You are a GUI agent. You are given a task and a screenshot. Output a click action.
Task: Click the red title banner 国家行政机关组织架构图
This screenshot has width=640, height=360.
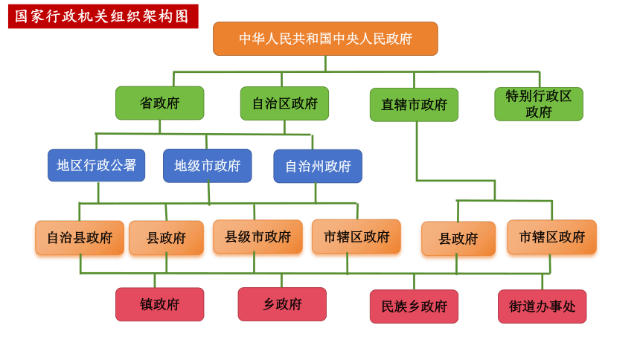coord(103,16)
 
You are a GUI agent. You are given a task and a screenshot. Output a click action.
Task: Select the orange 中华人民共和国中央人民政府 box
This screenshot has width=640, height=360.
coord(325,39)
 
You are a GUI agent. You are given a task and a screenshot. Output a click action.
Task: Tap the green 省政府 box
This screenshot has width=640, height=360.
coord(159,103)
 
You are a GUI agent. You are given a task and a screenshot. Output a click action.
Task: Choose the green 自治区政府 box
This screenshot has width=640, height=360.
coord(284,103)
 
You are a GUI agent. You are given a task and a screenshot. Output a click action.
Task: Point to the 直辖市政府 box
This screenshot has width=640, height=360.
coord(414,105)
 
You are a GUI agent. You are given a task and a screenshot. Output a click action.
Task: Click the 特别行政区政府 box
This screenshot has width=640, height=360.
coord(539,104)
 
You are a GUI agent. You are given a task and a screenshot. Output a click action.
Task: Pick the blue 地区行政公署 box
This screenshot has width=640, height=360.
coord(96,165)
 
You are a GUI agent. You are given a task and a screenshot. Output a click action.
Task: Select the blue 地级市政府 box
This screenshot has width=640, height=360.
coord(208,166)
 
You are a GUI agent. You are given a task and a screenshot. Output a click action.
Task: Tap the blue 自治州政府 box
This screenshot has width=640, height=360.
coord(318,166)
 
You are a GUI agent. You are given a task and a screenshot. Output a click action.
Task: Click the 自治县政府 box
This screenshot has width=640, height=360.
coord(80,237)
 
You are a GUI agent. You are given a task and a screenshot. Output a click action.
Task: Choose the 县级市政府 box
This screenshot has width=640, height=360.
coord(257,237)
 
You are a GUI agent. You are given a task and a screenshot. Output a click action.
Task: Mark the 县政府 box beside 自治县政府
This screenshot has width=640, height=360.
coord(166,238)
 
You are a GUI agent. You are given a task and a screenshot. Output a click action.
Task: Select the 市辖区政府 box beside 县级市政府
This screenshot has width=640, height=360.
coord(356,237)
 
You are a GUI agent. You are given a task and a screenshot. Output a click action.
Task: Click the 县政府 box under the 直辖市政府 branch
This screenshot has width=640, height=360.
coord(458,239)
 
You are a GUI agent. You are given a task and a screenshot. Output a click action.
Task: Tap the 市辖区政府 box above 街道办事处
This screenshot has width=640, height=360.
coord(552,237)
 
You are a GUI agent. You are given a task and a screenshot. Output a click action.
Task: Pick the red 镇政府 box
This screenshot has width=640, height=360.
coord(159,304)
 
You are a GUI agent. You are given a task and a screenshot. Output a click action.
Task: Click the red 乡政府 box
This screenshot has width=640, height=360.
coord(282,304)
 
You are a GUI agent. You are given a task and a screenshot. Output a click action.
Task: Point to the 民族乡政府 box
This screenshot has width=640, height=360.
coord(414,306)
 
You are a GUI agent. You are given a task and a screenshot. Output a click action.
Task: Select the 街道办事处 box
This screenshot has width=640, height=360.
coord(542,306)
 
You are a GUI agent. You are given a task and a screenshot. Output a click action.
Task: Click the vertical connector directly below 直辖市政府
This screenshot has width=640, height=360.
coord(417,151)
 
